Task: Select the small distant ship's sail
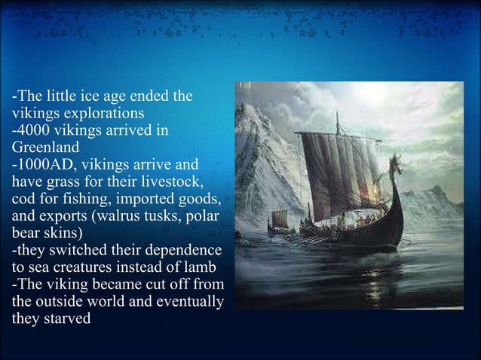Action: (280, 218)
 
